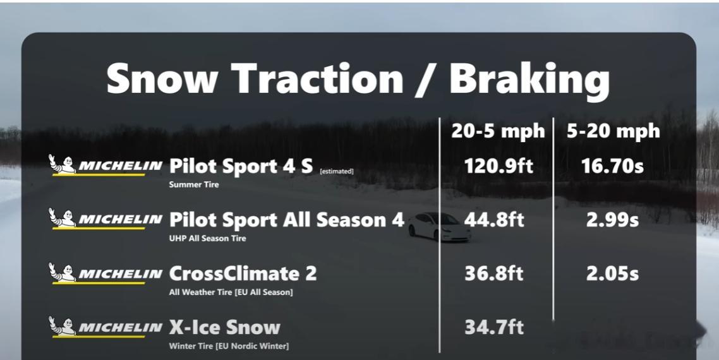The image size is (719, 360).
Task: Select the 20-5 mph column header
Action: tap(498, 131)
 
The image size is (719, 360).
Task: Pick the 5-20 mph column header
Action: tap(613, 131)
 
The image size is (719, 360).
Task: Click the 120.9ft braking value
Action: tap(498, 166)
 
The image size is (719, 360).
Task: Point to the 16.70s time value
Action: tap(613, 166)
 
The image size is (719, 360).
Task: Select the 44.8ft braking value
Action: tap(494, 220)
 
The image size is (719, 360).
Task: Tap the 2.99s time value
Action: tap(612, 220)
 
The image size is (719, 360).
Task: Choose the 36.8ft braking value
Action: tap(494, 273)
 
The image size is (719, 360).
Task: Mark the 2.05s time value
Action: tap(612, 273)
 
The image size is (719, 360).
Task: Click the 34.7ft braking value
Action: tap(494, 327)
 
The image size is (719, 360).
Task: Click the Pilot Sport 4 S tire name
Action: tap(241, 167)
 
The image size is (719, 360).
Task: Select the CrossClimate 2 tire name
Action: tap(243, 273)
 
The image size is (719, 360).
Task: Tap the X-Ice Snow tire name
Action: tap(225, 327)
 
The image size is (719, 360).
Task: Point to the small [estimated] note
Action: tap(337, 172)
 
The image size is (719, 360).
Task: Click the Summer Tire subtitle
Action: tap(194, 185)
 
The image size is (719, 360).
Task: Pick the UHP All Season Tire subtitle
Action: tap(208, 239)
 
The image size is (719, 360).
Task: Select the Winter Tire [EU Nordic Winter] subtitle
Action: tap(229, 346)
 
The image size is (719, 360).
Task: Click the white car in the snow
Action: tap(439, 227)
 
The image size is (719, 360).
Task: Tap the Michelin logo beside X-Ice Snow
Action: tap(106, 327)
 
